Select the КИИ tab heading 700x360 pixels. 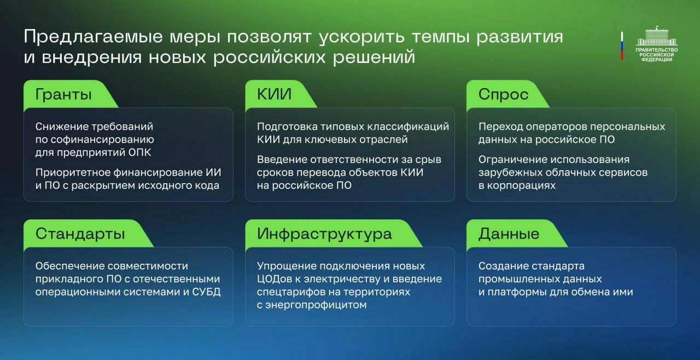(274, 94)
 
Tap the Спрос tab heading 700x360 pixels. (503, 94)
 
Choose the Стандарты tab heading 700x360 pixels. (80, 234)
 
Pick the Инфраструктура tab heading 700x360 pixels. (324, 234)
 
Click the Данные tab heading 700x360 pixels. (509, 234)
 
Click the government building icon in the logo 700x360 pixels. (657, 36)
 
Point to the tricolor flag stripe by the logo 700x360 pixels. (622, 46)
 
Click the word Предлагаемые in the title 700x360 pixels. (93, 37)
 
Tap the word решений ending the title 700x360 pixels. (374, 57)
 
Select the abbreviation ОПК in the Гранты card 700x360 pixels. (139, 153)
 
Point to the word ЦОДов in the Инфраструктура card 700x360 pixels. (275, 279)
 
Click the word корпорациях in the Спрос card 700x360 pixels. (521, 185)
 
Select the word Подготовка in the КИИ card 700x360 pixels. (287, 126)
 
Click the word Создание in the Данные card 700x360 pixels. (503, 266)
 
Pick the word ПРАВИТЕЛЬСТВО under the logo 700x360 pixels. (657, 50)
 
